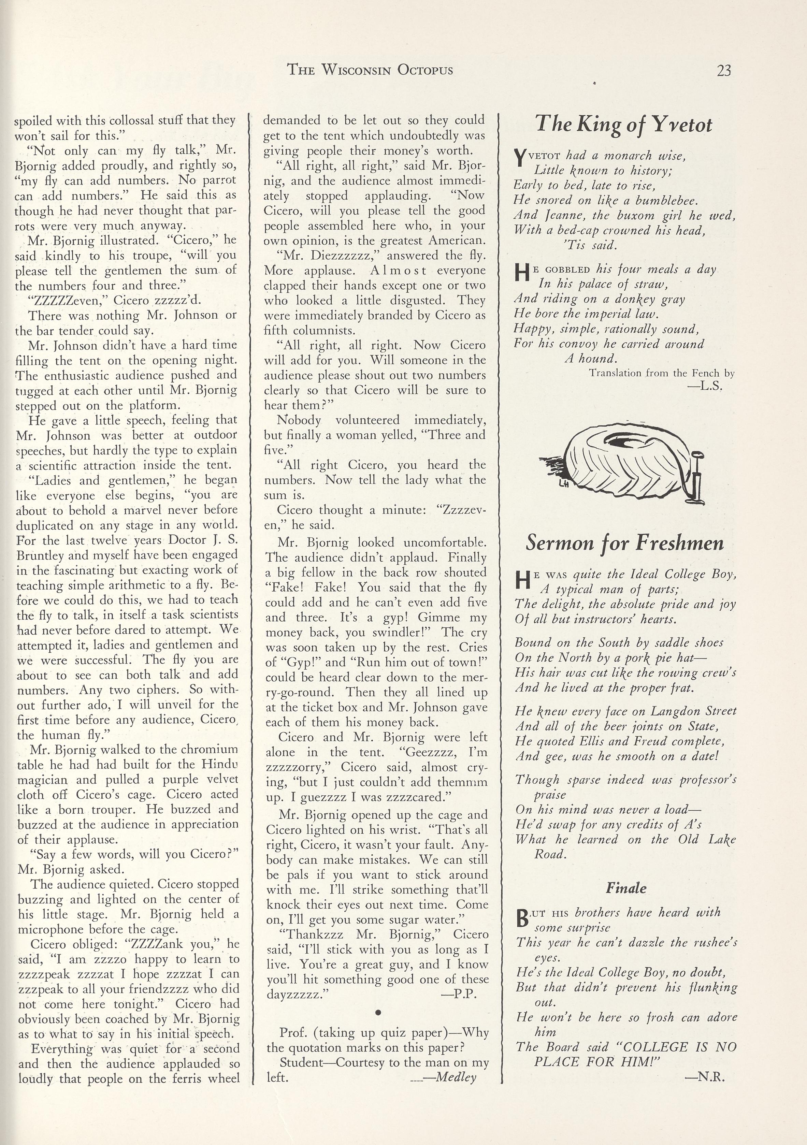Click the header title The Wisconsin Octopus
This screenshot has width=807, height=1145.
(x=370, y=70)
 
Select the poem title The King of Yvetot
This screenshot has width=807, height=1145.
(x=623, y=125)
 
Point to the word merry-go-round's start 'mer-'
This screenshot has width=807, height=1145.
(x=475, y=677)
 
